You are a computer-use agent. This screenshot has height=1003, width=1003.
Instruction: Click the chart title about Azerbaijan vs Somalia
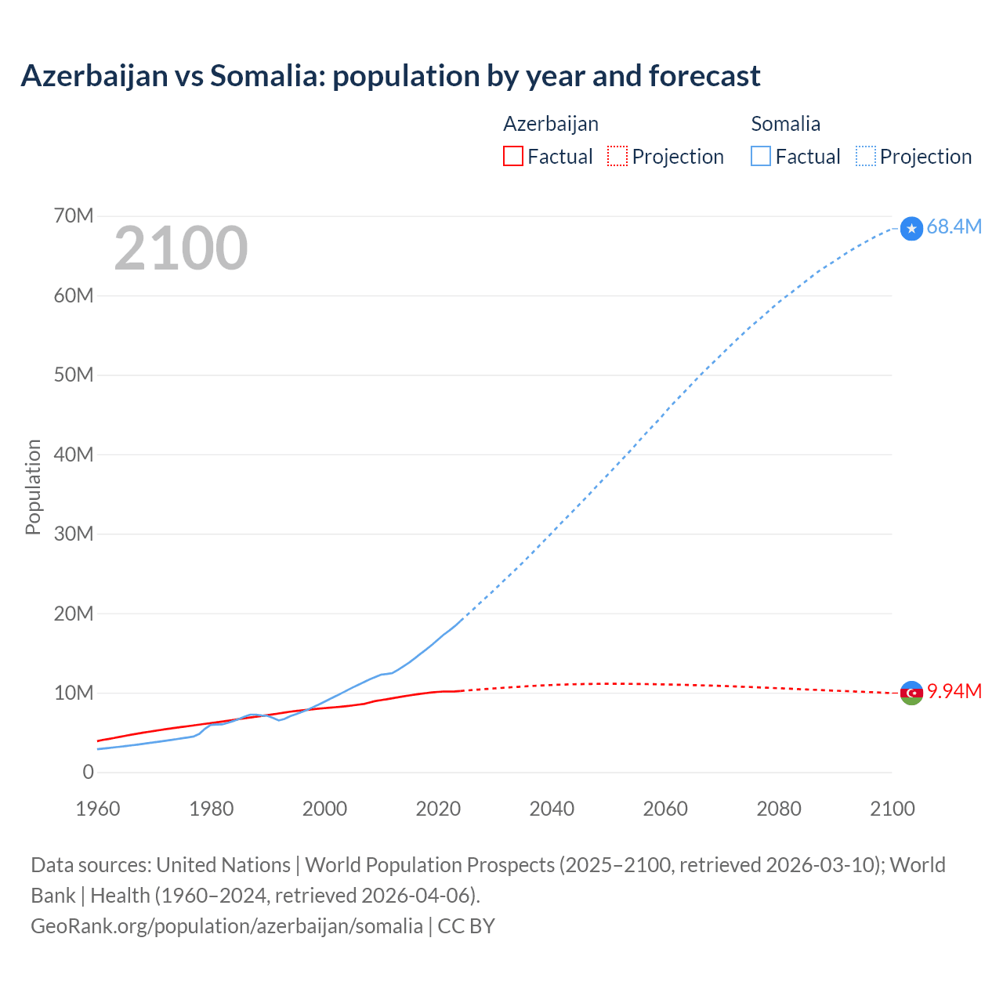[x=390, y=76]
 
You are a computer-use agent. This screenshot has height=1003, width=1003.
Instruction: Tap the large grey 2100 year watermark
[x=181, y=248]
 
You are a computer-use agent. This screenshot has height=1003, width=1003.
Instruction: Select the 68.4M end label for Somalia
[x=954, y=226]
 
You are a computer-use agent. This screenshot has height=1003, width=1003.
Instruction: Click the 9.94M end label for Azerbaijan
[x=954, y=691]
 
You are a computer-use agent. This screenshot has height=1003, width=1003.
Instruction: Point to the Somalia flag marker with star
[x=911, y=228]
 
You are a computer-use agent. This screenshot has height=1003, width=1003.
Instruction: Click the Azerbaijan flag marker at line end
[x=911, y=693]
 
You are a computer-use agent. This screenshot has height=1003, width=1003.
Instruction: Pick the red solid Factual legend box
[x=512, y=156]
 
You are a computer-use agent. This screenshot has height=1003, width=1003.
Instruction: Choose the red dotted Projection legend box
[x=617, y=156]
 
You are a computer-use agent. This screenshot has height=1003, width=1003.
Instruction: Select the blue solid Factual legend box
[x=760, y=156]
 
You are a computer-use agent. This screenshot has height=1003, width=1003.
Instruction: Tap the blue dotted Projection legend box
[x=866, y=156]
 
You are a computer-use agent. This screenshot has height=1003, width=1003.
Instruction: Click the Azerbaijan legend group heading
[x=550, y=124]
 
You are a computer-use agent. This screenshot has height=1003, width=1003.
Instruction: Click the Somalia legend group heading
[x=785, y=124]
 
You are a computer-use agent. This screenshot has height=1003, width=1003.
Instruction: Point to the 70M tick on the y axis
[x=74, y=215]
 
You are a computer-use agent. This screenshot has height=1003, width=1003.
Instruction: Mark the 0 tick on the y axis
[x=88, y=772]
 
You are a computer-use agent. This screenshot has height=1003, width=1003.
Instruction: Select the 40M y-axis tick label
[x=74, y=454]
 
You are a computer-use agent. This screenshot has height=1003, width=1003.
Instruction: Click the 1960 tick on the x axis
[x=98, y=809]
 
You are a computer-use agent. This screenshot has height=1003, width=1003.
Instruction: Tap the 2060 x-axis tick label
[x=665, y=809]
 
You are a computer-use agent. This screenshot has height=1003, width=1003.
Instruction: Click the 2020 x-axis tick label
[x=438, y=809]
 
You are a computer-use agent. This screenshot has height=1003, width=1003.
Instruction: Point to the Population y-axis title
[x=33, y=487]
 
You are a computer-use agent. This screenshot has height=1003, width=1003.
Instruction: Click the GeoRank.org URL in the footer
[x=226, y=926]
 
